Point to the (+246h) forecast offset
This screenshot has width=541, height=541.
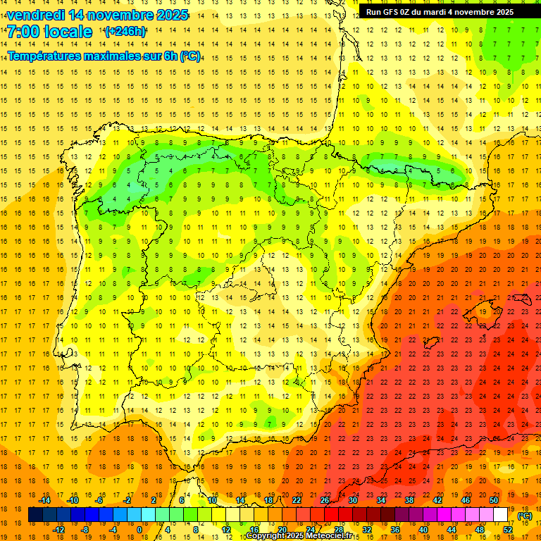(125, 32)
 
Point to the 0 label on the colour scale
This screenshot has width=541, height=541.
(139, 529)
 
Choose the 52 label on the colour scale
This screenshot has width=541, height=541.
(508, 529)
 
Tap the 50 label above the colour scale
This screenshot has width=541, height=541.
(494, 500)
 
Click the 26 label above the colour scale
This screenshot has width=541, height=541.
(325, 500)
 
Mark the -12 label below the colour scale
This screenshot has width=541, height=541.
(59, 529)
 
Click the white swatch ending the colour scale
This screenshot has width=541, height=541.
(501, 515)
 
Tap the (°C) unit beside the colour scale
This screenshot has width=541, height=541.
(525, 515)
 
